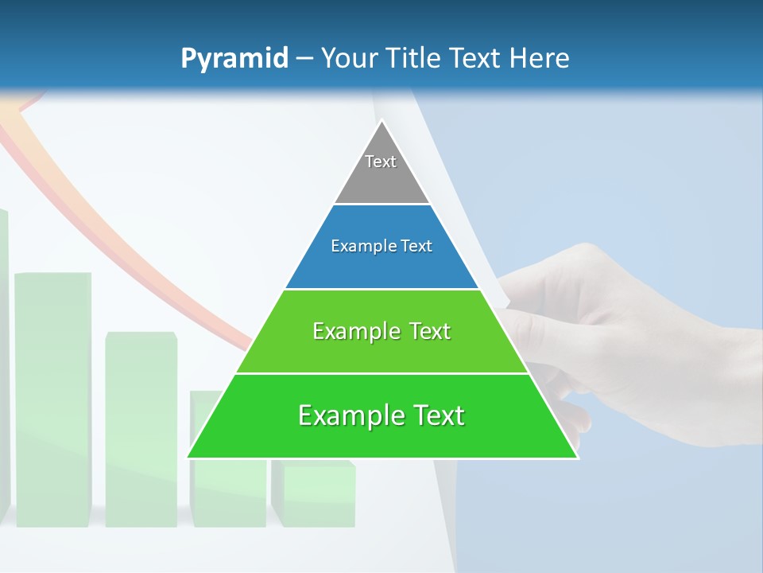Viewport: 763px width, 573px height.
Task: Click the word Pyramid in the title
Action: pos(234,59)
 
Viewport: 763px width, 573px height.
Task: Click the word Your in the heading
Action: pos(349,58)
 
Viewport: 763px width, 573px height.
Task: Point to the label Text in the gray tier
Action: pos(381,162)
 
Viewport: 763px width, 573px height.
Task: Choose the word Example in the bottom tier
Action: pos(346,415)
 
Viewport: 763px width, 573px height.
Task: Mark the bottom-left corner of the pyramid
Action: pos(188,457)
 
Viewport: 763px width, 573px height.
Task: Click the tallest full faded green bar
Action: pos(52,398)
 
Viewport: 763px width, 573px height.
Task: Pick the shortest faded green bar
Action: pos(313,493)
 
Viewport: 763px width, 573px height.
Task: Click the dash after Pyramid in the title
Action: pos(304,59)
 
